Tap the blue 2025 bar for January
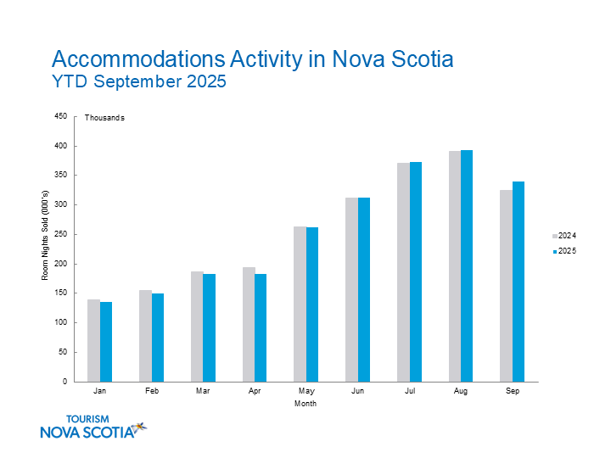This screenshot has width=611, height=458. click(106, 342)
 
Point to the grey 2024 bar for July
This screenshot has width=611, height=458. click(403, 272)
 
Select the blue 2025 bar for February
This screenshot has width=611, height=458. click(158, 338)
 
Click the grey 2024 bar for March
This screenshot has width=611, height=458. click(197, 327)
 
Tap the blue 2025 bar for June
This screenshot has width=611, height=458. click(364, 289)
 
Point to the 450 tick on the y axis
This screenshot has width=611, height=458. click(60, 116)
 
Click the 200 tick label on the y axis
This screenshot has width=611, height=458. click(60, 264)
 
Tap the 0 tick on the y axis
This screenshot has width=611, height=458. click(64, 382)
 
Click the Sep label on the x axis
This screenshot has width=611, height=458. click(513, 392)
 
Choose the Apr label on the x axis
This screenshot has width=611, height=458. click(255, 392)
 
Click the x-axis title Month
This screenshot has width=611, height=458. click(305, 404)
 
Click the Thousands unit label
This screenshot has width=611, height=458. click(104, 118)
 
